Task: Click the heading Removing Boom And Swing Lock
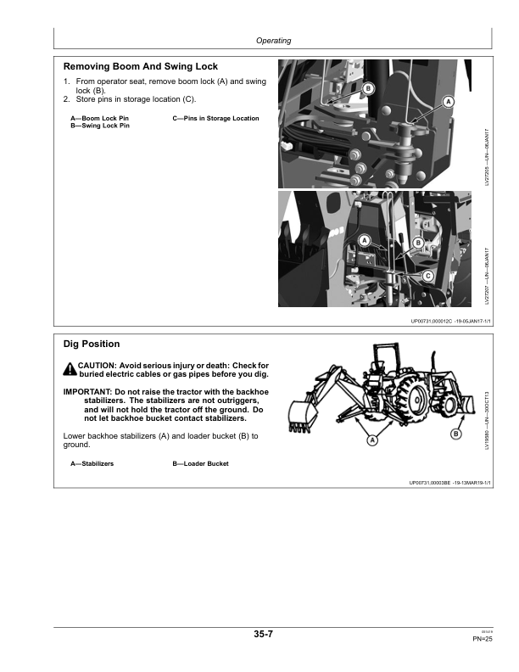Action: point(141,65)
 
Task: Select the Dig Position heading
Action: point(92,344)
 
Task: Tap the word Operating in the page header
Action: point(273,40)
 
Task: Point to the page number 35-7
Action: point(263,634)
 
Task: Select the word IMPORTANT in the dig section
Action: point(91,391)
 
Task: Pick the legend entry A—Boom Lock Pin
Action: point(99,118)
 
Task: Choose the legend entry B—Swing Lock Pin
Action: point(100,125)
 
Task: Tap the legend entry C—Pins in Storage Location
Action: point(215,118)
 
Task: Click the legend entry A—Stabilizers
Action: point(92,463)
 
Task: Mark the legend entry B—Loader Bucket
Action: point(200,463)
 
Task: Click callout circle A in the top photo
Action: point(449,102)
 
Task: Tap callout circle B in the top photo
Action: point(368,89)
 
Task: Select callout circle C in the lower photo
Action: point(427,276)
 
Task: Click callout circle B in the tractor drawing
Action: point(455,434)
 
